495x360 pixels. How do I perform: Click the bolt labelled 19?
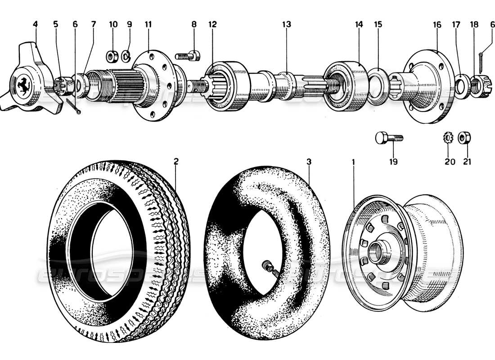point(389,138)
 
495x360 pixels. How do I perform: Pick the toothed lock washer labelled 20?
point(448,138)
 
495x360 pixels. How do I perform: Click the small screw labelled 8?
point(187,56)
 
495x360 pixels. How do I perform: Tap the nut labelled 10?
point(111,57)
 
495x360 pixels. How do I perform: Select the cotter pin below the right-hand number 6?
point(482,63)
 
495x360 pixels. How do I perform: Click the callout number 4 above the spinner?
point(35,24)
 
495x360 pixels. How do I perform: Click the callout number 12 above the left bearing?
point(211,24)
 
